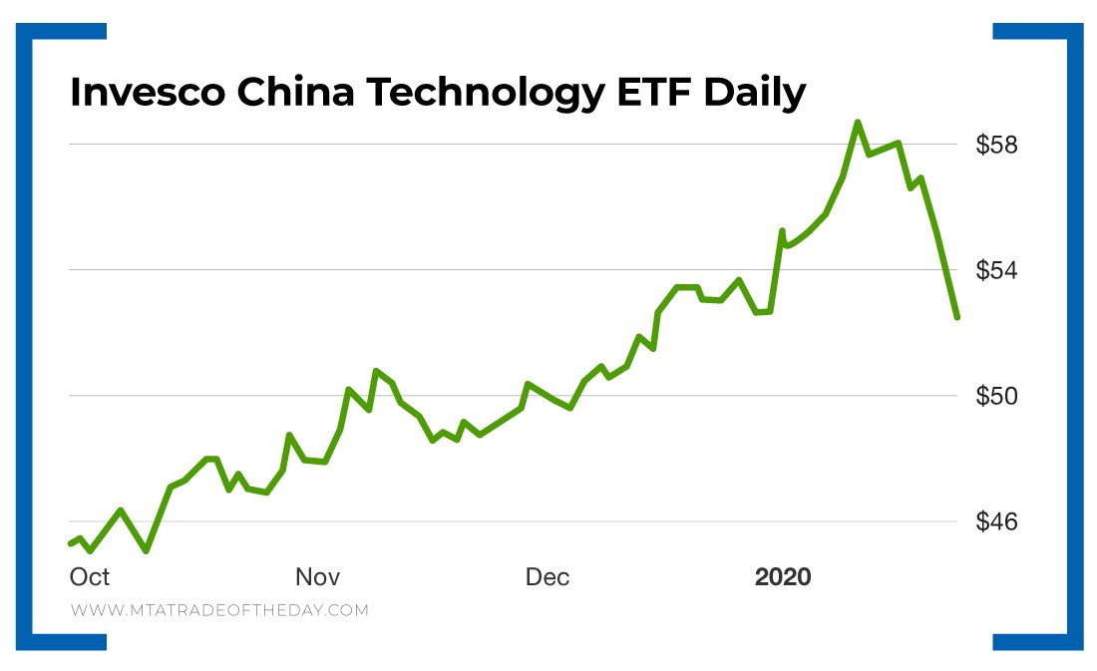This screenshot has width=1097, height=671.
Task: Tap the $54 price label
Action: [996, 271]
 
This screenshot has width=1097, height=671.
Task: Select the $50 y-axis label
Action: [996, 397]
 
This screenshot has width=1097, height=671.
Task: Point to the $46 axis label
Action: [996, 522]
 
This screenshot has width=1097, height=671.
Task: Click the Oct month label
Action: [90, 577]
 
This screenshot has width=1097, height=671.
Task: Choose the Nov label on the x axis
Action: [318, 577]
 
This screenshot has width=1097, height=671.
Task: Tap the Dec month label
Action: [548, 577]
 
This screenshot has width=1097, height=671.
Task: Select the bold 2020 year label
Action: [783, 577]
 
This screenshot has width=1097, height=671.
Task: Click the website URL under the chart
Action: [219, 610]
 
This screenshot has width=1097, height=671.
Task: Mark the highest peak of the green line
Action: [857, 123]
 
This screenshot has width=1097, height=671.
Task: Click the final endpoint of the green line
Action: [957, 317]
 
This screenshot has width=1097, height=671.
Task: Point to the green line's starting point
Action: [70, 543]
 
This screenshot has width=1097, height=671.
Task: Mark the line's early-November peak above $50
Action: [376, 371]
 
